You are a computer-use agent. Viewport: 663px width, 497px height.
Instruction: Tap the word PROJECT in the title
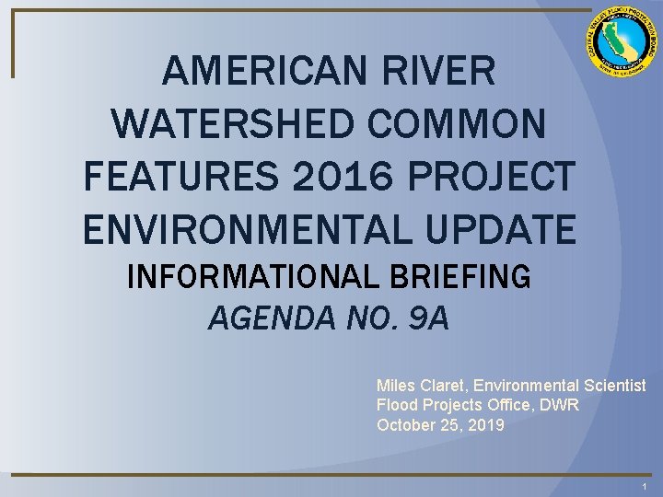click(x=478, y=177)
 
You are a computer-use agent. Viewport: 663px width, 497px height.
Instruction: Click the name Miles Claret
click(x=420, y=386)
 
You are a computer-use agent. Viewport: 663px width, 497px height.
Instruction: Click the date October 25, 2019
click(x=441, y=424)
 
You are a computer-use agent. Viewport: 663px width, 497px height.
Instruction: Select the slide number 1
click(x=645, y=486)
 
